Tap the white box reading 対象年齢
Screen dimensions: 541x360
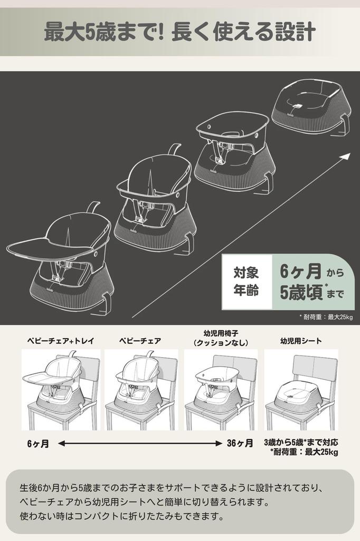point(246,282)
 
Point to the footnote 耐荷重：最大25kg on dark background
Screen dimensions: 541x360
point(328,317)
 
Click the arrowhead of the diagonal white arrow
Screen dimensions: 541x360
point(346,156)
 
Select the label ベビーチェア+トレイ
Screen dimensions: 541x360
point(61,341)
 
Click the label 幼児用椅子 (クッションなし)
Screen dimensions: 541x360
point(221,338)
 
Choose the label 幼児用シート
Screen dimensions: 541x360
point(301,341)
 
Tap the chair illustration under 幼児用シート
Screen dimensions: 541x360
point(301,390)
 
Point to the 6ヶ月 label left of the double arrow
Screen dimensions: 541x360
point(38,444)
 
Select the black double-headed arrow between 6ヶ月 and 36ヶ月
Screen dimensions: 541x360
point(139,444)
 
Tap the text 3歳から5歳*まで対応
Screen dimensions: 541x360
point(301,442)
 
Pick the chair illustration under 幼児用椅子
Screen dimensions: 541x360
point(221,390)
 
